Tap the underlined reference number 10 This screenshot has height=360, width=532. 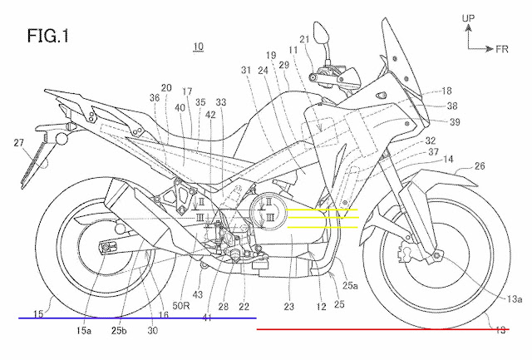pyautogui.click(x=197, y=47)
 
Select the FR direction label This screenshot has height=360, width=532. pyautogui.click(x=501, y=49)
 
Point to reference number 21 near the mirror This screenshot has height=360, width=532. pyautogui.click(x=304, y=38)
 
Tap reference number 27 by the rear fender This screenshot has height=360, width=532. pyautogui.click(x=18, y=143)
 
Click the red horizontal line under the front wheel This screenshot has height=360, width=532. pyautogui.click(x=391, y=329)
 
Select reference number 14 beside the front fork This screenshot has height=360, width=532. pyautogui.click(x=447, y=158)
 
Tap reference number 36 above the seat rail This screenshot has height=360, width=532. pyautogui.click(x=155, y=97)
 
